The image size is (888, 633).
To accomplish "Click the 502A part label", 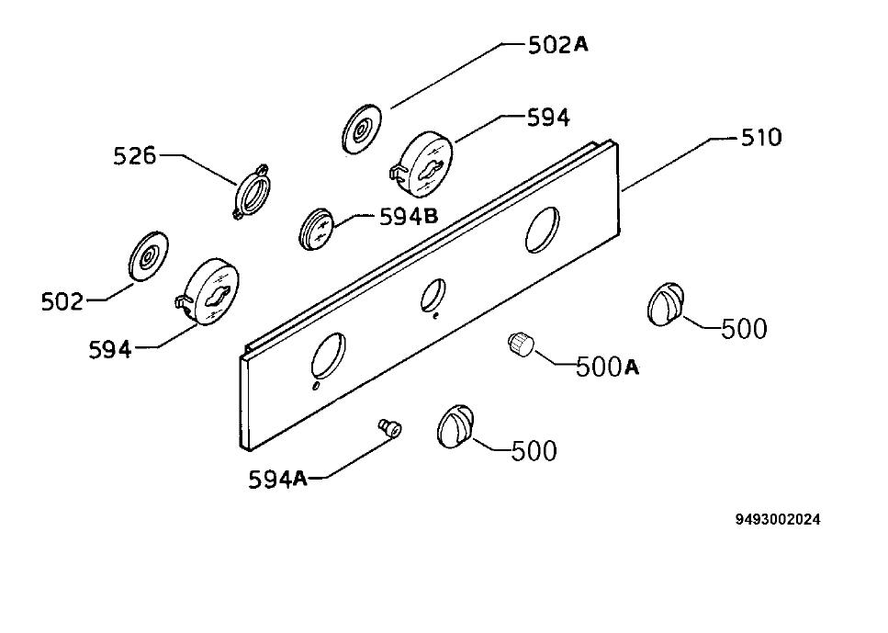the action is [557, 45].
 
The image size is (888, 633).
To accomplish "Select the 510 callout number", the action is [761, 138].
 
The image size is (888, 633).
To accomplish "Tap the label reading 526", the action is [134, 156].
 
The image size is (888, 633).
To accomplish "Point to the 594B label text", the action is [409, 216].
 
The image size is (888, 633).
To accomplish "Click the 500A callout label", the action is [607, 367].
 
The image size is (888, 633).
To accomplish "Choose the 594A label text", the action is [277, 480].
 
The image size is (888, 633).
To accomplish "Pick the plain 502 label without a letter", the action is [62, 302].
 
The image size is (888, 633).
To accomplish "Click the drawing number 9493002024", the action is [778, 519].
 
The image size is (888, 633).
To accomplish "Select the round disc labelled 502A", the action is [361, 129].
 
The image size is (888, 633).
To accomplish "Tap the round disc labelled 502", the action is [149, 255].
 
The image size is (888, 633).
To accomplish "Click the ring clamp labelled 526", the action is [251, 191].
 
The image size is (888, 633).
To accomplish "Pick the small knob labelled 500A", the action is [521, 344].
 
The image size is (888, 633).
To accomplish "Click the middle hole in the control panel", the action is [433, 295].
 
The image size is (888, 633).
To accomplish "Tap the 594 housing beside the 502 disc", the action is [208, 291].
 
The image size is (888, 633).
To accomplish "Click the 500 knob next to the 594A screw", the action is [455, 426].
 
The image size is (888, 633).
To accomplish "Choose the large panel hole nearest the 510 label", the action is [543, 229].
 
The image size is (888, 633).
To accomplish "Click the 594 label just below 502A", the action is [548, 119].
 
